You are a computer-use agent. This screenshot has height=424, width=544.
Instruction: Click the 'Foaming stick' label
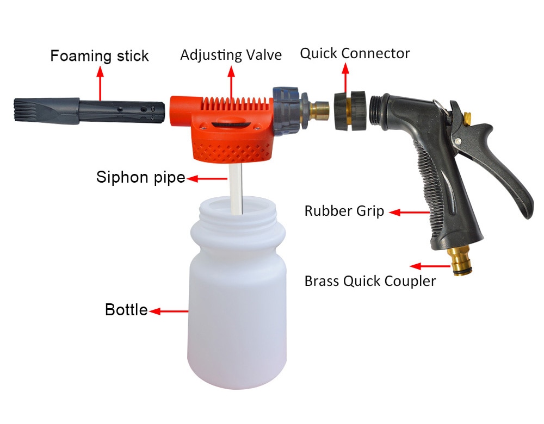(99, 56)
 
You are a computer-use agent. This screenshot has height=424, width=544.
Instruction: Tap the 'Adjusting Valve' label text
(231, 55)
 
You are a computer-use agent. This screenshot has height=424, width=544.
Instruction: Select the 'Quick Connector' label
(355, 53)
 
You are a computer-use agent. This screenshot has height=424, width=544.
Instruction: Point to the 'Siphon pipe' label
(140, 177)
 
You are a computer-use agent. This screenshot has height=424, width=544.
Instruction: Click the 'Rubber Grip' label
(344, 211)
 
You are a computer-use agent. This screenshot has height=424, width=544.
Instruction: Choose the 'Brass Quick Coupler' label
(370, 281)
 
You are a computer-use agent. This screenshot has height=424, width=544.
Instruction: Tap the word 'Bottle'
(126, 310)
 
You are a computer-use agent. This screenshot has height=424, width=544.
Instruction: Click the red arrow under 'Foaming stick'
(100, 84)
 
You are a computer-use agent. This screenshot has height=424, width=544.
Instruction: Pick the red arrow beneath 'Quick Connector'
(345, 78)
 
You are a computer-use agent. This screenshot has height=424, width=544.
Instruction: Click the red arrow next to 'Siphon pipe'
(207, 178)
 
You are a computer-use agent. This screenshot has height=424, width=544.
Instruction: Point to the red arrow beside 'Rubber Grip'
(410, 212)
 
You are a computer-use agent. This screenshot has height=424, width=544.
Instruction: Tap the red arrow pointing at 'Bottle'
(169, 311)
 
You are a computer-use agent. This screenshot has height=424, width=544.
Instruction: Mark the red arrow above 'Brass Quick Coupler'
(430, 266)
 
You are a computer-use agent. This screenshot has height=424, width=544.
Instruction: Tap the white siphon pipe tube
(236, 189)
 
